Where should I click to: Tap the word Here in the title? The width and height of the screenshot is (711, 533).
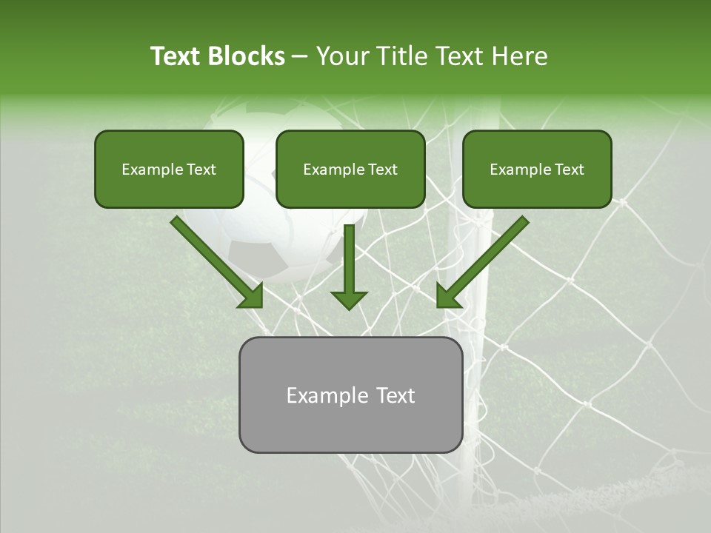click(520, 56)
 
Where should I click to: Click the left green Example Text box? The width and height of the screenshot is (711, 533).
click(169, 170)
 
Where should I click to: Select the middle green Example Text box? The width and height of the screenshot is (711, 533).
click(350, 170)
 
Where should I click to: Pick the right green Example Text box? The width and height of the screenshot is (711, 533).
click(537, 170)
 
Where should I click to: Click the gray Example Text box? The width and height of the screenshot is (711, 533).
click(350, 395)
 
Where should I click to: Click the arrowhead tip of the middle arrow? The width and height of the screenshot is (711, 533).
click(349, 306)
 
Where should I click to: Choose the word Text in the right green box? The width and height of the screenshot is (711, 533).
click(569, 170)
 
